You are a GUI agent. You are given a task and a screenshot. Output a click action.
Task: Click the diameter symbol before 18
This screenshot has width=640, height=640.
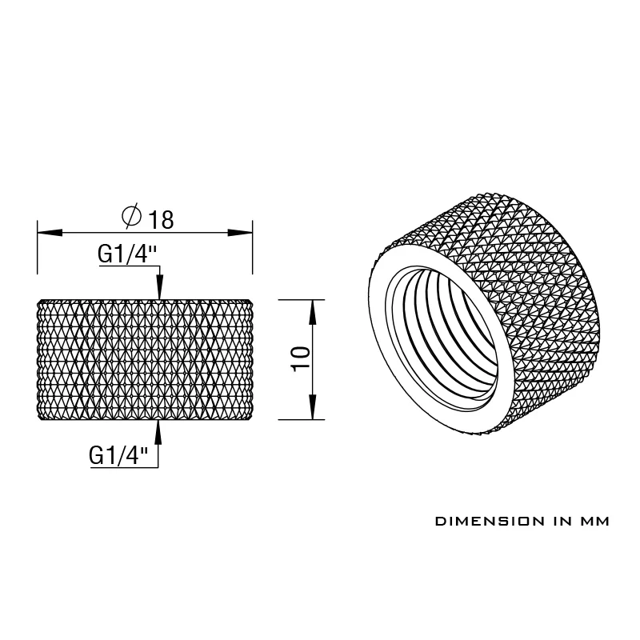(x=132, y=216)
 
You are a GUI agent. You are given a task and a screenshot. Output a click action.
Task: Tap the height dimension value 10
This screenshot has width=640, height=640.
(x=300, y=358)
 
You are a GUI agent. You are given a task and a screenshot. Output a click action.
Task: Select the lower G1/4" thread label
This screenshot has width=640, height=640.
(x=119, y=456)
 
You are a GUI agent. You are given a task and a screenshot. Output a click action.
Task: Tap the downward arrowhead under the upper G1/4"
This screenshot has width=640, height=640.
(x=159, y=288)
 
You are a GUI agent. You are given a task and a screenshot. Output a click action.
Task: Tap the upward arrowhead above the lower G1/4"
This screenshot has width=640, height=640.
(x=158, y=431)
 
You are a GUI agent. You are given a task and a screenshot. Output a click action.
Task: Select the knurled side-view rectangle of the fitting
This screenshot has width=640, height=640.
(x=146, y=358)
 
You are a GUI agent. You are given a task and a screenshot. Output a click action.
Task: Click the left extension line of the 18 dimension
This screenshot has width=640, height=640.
(x=38, y=256)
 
